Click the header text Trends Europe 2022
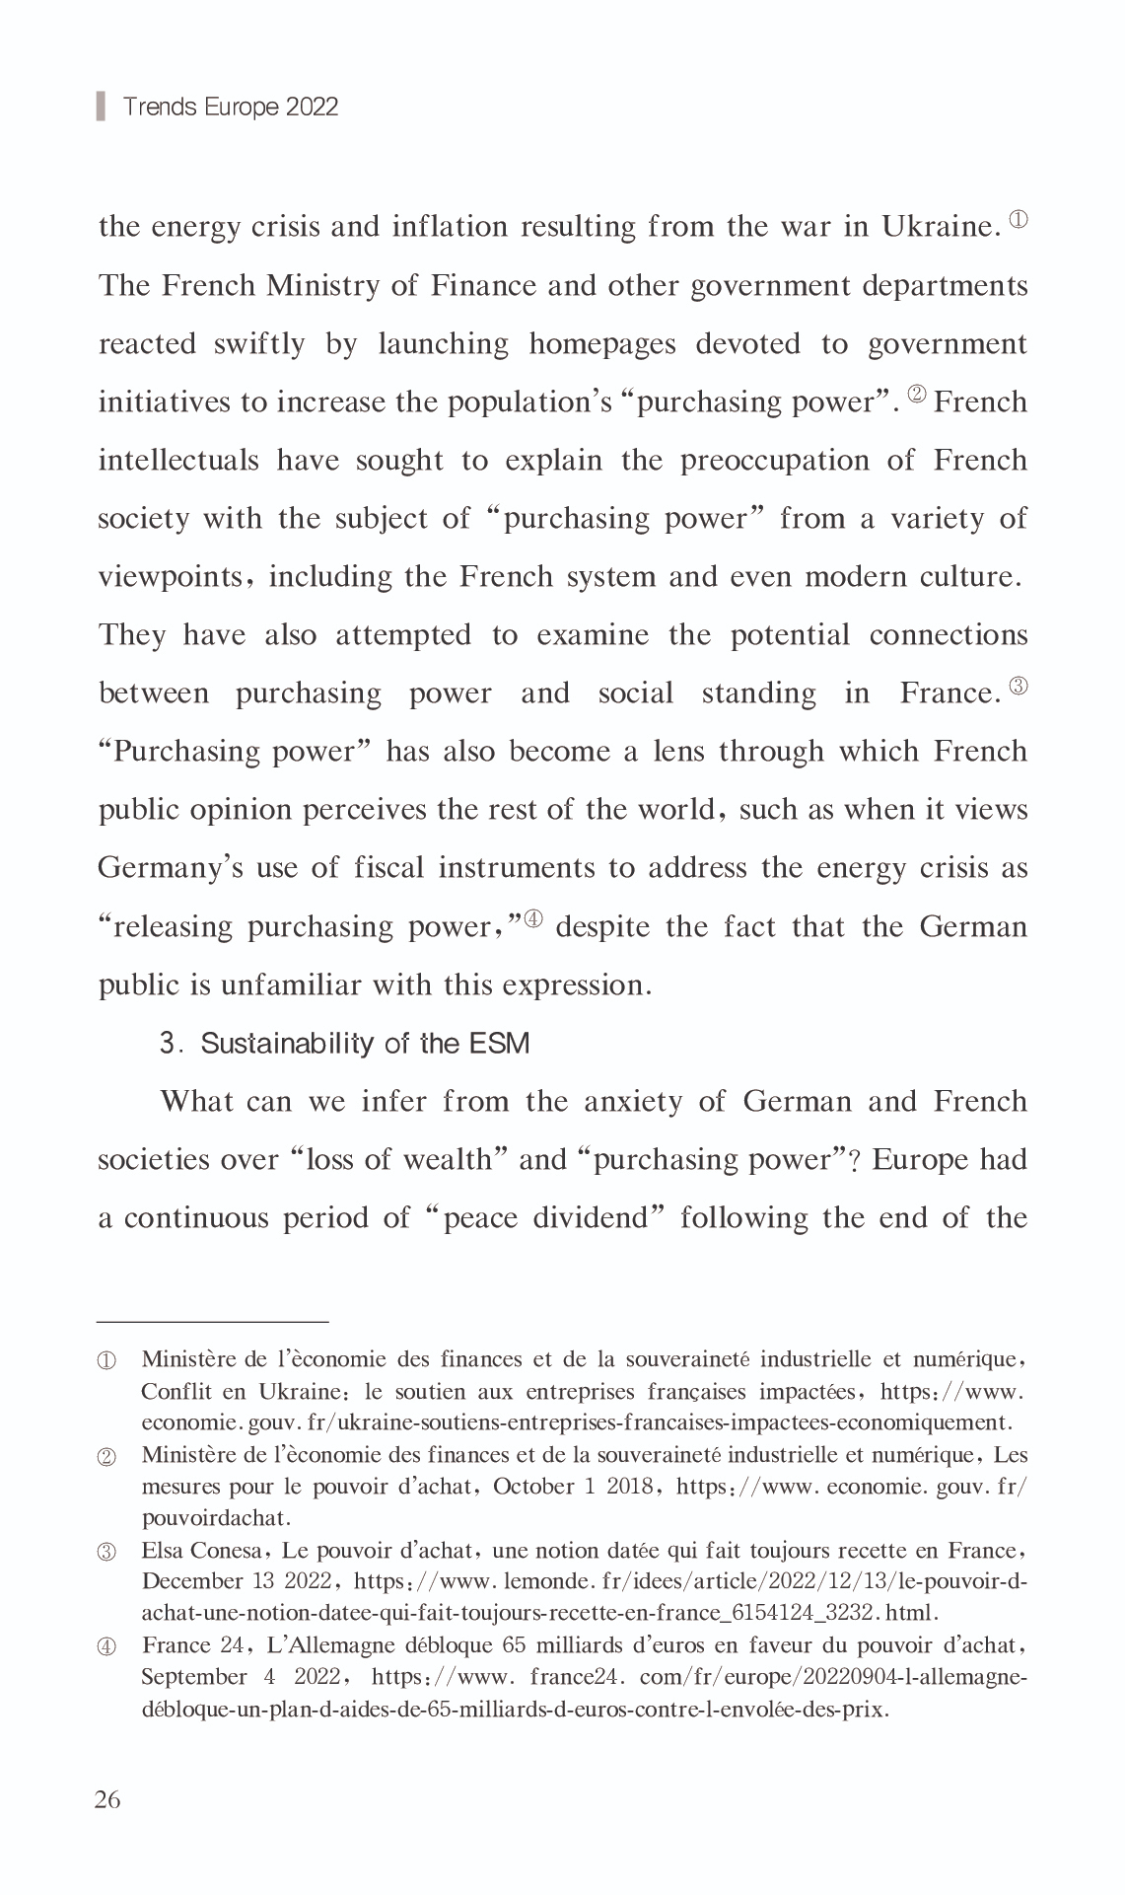[230, 107]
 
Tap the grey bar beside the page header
[101, 106]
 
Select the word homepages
[602, 344]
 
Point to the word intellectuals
[178, 461]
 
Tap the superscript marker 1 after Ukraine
[1019, 219]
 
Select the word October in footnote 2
[532, 1487]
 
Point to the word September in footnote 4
[194, 1677]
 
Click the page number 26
[107, 1800]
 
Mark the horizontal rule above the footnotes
[213, 1321]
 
